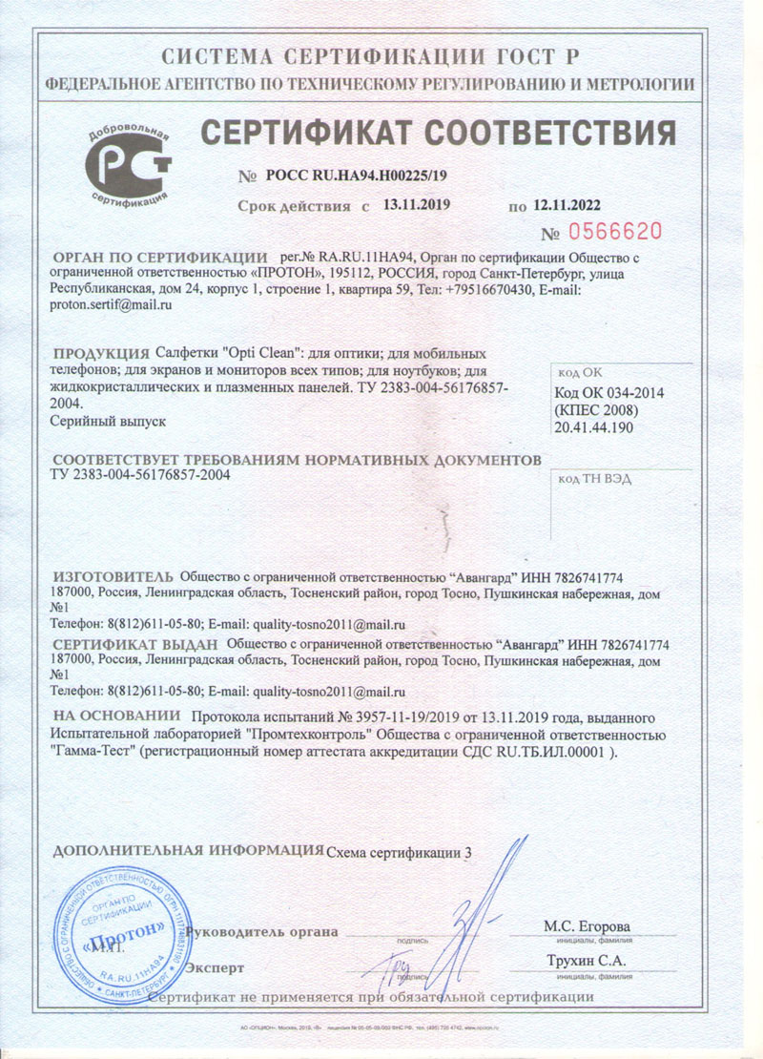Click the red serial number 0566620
pos(613,231)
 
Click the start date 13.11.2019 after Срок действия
pos(416,204)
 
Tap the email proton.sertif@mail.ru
pos(110,305)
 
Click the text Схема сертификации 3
pos(399,852)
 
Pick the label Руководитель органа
pos(263,931)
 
